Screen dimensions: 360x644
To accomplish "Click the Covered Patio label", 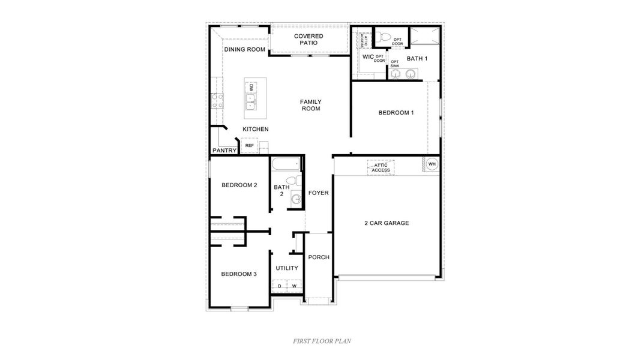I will (308, 40).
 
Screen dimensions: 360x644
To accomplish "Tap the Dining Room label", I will (245, 49).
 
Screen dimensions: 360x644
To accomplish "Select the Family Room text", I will (310, 105).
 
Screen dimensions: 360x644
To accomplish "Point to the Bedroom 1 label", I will (396, 113).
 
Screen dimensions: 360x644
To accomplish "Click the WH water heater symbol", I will (432, 164).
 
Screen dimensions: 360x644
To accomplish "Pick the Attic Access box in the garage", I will (381, 167).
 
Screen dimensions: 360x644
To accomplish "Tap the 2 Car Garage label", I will (387, 223).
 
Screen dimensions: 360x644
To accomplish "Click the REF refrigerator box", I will (249, 146).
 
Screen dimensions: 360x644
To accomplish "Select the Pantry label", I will (224, 151).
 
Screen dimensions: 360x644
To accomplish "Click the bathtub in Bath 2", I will (285, 164).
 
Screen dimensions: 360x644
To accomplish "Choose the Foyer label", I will (318, 193).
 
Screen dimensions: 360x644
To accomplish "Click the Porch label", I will (319, 257).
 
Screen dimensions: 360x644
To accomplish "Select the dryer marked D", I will (280, 286).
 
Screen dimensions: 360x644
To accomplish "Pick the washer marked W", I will (294, 286).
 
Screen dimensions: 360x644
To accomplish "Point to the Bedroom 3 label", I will (239, 274).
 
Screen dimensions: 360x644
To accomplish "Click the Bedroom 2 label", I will (239, 185).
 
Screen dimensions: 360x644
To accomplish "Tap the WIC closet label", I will (368, 58).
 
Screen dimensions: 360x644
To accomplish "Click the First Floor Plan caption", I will (322, 341).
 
